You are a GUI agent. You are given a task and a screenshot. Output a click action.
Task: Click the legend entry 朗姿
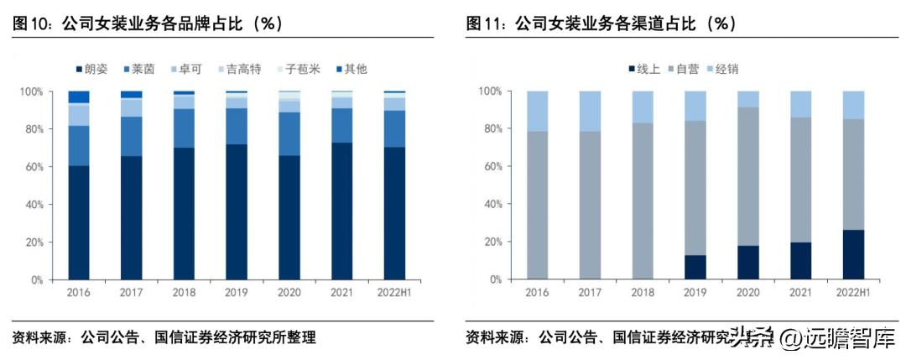pyautogui.click(x=92, y=69)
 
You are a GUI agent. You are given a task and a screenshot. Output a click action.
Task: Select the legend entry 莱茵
pyautogui.click(x=140, y=69)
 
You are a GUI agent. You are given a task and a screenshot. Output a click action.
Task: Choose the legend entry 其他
pyautogui.click(x=350, y=69)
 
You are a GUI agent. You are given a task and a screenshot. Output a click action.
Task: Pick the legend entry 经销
pyautogui.click(x=721, y=69)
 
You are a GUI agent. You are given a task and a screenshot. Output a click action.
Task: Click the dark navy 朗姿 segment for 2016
pyautogui.click(x=79, y=222)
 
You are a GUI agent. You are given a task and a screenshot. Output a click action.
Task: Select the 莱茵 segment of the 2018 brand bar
pyautogui.click(x=184, y=128)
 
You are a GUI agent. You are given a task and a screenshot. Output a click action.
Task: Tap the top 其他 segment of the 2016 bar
pyautogui.click(x=79, y=97)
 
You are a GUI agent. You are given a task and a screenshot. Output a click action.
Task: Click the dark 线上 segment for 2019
pyautogui.click(x=695, y=267)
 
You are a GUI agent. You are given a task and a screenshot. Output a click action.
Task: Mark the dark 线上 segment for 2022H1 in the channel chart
pyautogui.click(x=853, y=254)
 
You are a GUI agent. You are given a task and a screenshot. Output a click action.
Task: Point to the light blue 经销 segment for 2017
pyautogui.click(x=590, y=111)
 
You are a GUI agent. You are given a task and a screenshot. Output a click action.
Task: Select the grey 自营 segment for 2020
pyautogui.click(x=748, y=175)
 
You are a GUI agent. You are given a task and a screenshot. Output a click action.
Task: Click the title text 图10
pyautogui.click(x=31, y=24)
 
